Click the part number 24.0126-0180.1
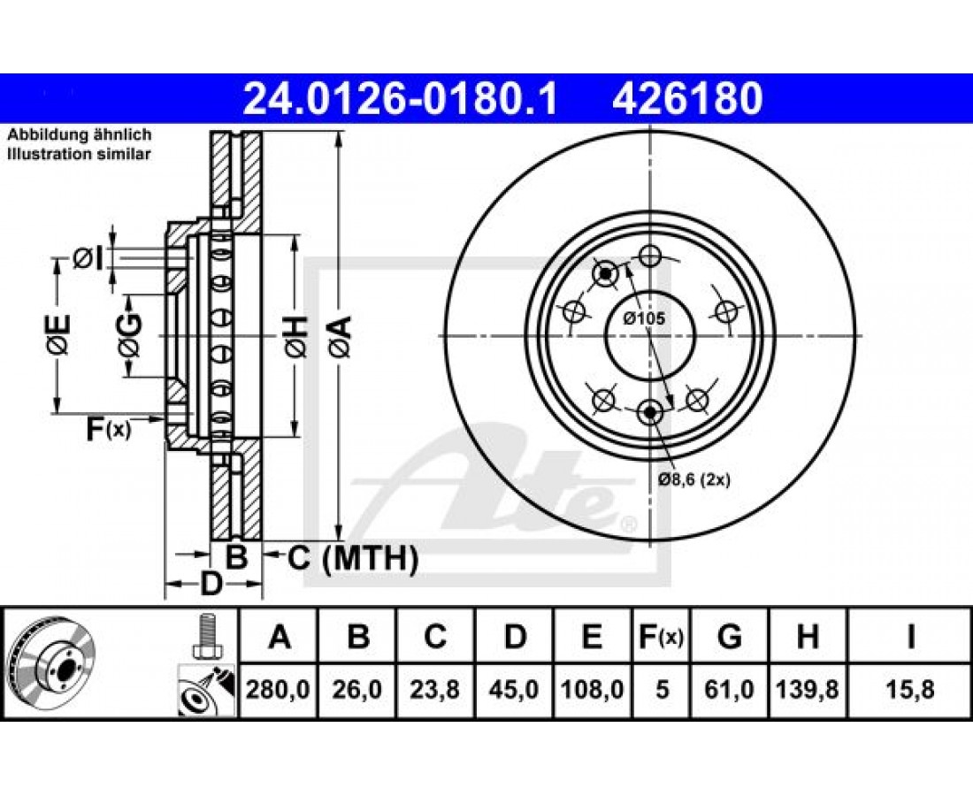coord(400,99)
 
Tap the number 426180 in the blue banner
coord(687,99)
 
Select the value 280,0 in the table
coord(278,689)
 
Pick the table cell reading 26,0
coord(356,689)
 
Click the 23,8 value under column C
coord(435,689)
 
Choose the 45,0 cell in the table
coord(514,689)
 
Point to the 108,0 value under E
coord(592,689)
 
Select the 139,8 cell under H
coord(808,689)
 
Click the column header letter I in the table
coord(909,637)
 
